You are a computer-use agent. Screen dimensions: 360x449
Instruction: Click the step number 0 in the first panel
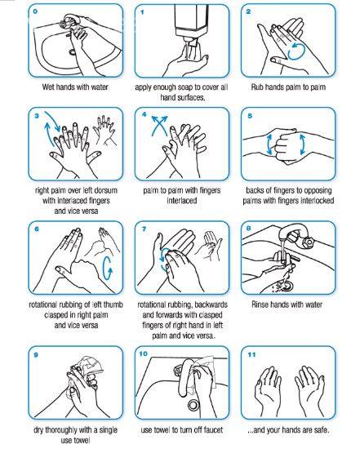point(35,11)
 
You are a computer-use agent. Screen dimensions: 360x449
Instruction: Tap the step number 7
point(144,229)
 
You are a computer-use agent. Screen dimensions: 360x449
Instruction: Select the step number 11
point(251,355)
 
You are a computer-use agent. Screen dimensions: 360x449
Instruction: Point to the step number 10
point(143,354)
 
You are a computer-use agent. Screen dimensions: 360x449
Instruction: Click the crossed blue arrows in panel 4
point(159,125)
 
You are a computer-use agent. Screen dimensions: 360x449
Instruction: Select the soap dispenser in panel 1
point(191,24)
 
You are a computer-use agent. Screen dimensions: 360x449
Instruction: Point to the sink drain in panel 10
point(193,405)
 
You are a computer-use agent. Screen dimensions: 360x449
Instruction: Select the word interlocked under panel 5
point(317,201)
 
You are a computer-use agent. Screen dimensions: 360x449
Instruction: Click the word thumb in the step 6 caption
point(113,305)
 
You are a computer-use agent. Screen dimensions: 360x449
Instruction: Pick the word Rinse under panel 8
point(260,305)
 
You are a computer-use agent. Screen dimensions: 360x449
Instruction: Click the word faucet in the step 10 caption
point(212,429)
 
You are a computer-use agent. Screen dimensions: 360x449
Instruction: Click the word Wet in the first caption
point(48,87)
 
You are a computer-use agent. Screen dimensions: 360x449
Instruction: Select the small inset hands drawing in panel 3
point(104,131)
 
